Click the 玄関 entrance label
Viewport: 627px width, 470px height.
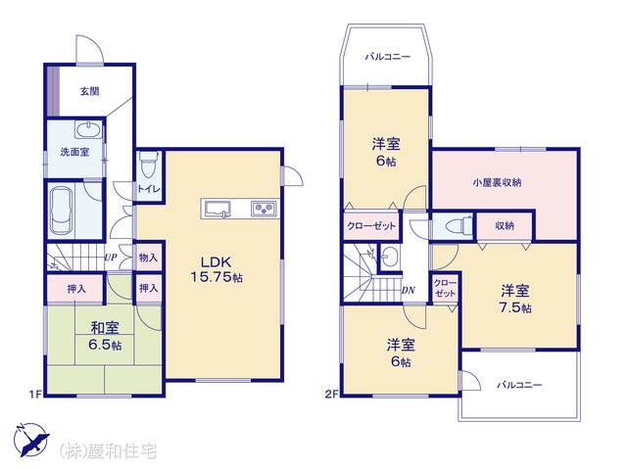(89, 91)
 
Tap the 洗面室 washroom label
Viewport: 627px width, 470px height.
(74, 152)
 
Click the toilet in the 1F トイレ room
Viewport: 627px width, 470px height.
(149, 164)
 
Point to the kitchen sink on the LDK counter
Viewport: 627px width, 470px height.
(217, 210)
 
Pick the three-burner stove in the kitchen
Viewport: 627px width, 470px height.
(264, 209)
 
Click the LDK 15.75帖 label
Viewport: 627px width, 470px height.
(217, 270)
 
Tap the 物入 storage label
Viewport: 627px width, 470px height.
(148, 258)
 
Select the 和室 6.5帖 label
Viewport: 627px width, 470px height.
(105, 336)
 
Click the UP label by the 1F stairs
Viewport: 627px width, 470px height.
(111, 258)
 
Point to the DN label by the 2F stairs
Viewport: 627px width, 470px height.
(408, 291)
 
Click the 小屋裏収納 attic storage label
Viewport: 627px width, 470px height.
(497, 183)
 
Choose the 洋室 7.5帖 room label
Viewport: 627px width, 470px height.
(515, 300)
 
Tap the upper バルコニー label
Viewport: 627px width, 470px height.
(388, 57)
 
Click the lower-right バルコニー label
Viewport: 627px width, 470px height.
(519, 385)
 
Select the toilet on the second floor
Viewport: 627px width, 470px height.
(458, 226)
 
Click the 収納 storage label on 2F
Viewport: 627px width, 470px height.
(505, 226)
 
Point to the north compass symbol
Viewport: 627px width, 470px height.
(31, 440)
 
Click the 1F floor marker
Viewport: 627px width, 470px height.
(35, 395)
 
